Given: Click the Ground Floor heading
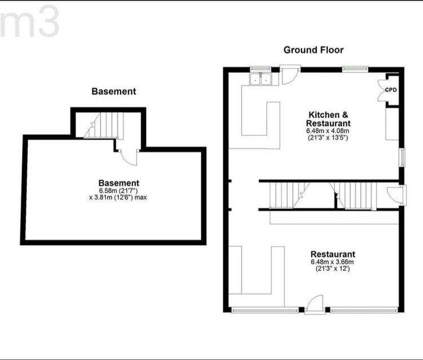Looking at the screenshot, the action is (314, 50).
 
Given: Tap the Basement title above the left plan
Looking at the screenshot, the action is (114, 91).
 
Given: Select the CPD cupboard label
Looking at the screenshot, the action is (391, 90).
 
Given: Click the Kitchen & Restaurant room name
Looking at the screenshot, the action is (328, 119).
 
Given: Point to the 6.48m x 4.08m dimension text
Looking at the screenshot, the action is (328, 131).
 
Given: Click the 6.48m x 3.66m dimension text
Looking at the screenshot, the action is (332, 261).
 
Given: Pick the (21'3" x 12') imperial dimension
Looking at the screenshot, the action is (333, 269).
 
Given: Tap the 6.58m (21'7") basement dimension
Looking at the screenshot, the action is (118, 190).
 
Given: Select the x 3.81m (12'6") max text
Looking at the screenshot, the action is (118, 198).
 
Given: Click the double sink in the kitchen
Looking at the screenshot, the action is (261, 79).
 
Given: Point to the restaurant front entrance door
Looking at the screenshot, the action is (315, 305).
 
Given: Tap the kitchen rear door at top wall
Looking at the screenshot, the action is (290, 75).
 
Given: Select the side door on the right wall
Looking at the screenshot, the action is (396, 195).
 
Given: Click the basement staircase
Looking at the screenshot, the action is (104, 126).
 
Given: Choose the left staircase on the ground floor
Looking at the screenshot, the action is (289, 195).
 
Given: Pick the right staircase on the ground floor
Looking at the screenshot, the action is (354, 196).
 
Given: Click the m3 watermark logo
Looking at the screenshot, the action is (29, 21).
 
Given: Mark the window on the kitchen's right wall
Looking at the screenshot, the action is (403, 157).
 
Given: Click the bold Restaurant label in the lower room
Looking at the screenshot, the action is (333, 255).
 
